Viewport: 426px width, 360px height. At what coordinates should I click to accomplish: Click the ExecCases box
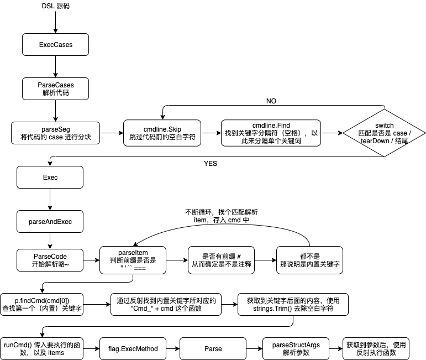point(55,44)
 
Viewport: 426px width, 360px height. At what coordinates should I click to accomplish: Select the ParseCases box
point(55,89)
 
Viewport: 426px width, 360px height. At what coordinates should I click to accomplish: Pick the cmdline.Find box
point(271,133)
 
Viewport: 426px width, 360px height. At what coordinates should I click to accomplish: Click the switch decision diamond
point(384,133)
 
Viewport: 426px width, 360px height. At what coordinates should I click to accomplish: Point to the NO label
point(271,101)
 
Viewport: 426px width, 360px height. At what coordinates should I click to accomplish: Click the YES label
point(211,164)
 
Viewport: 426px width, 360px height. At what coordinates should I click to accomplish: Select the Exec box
point(50,178)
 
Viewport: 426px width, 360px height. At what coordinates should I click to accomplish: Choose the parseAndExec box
point(50,222)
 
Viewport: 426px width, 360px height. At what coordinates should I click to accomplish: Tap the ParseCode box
point(50,260)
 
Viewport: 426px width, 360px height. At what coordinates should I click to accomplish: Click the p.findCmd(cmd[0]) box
point(41,304)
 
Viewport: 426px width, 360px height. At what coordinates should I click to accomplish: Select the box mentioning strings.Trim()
point(293,304)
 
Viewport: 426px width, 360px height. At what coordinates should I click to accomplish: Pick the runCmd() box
point(41,348)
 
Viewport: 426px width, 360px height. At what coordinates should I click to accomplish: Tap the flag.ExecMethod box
point(133,349)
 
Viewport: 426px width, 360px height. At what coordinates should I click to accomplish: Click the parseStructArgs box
point(296,348)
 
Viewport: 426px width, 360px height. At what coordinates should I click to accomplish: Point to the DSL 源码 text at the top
point(56,6)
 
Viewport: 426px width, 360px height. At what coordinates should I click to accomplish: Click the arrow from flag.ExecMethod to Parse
point(172,349)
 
